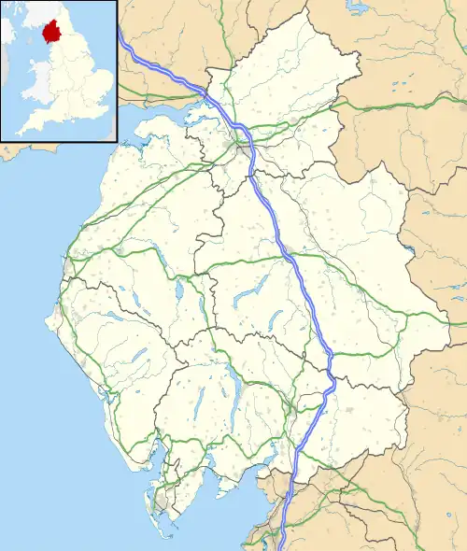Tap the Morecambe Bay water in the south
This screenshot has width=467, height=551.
coord(233,504)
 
